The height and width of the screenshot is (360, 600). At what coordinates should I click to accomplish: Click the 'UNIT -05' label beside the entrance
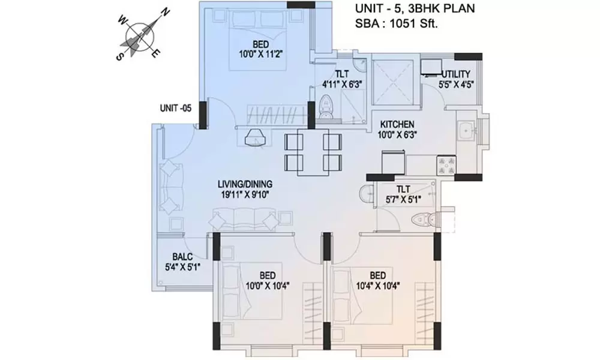(175, 109)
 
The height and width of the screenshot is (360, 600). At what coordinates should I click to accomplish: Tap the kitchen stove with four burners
(447, 165)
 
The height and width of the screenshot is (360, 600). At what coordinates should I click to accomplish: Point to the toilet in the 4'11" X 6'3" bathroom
(326, 108)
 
